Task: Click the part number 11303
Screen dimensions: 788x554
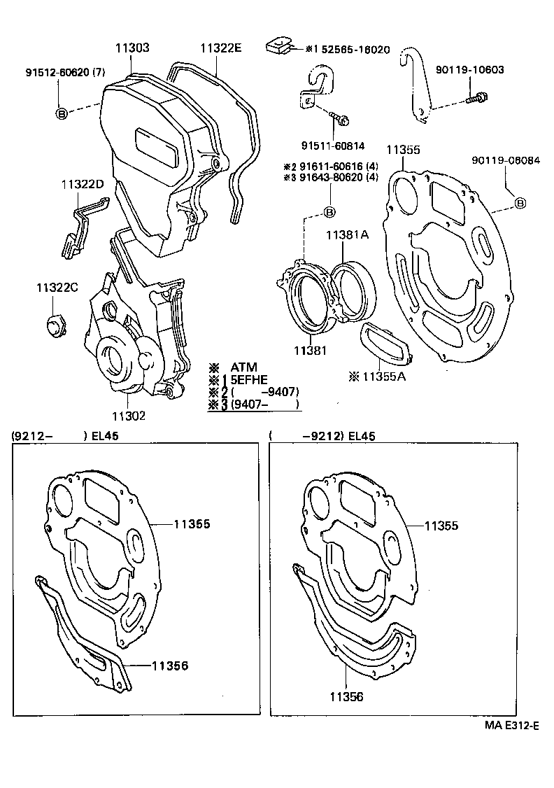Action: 132,48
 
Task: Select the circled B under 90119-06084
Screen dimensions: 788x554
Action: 520,203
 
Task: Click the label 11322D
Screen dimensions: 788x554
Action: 82,185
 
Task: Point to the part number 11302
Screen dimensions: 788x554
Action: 128,416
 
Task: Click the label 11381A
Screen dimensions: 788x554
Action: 346,236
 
